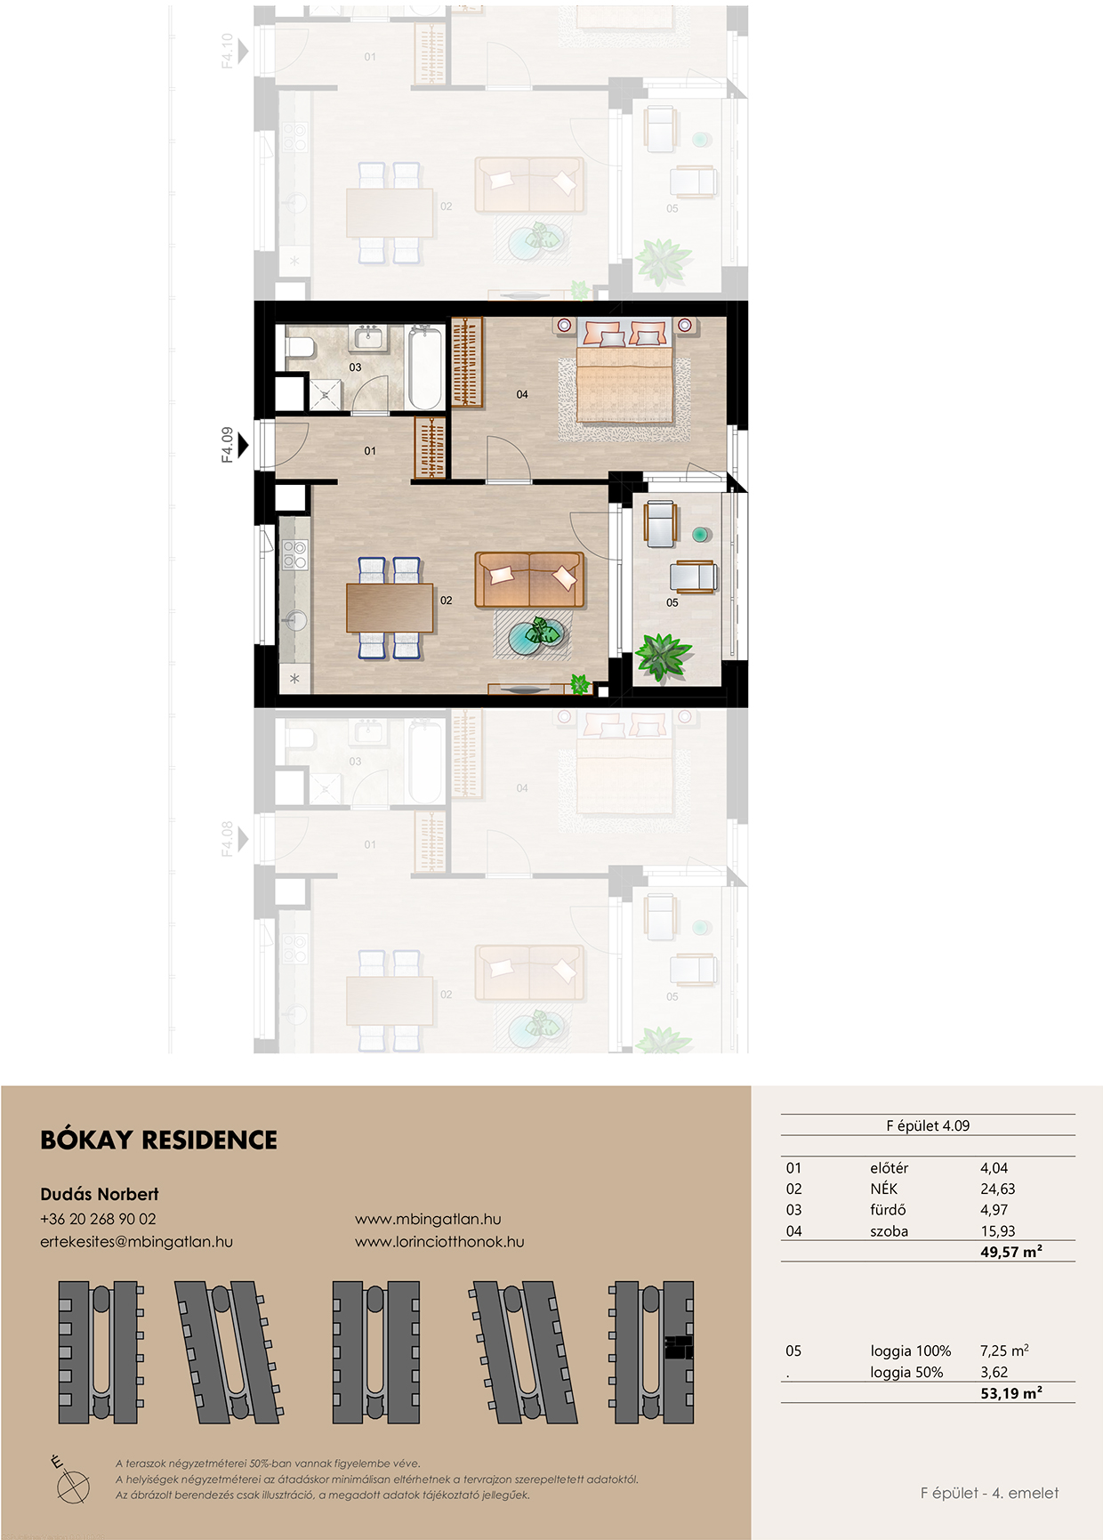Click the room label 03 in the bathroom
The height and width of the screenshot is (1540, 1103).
pos(355,367)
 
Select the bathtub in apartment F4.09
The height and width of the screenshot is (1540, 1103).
pos(425,367)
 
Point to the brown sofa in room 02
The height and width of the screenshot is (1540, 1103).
pos(530,579)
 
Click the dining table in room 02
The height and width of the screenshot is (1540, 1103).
pos(390,608)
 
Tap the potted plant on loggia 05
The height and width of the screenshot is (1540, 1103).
pos(663,657)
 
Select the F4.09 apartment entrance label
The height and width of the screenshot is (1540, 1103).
pos(228,444)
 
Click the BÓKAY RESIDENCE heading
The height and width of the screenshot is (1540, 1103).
pos(159,1140)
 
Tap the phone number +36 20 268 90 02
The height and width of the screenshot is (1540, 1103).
pos(98,1219)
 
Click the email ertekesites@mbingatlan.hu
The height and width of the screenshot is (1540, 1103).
pos(136,1241)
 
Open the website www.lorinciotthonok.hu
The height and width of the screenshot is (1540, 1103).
pos(439,1241)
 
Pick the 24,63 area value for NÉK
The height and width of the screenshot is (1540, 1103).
pos(997,1189)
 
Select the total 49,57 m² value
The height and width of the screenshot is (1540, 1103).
pos(1011,1252)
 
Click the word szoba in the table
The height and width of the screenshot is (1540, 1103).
pos(889,1231)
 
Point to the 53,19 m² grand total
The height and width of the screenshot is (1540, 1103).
pos(1011,1393)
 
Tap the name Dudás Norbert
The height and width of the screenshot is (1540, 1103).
pos(100,1194)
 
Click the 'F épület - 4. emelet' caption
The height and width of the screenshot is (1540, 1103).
pos(989,1493)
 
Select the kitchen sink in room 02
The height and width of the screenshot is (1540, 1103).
pos(294,619)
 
